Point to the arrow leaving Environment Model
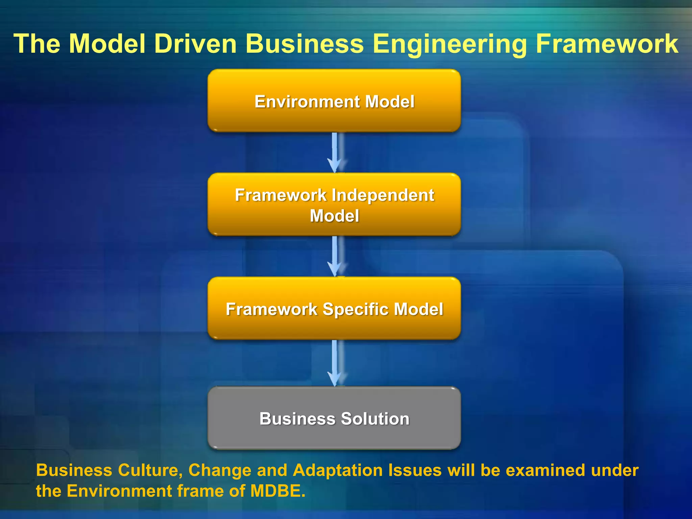335,152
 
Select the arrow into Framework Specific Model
335,256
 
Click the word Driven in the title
195,44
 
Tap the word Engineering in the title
449,44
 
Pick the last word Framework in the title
607,44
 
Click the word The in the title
37,44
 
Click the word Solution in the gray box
375,419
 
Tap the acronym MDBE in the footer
278,491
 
